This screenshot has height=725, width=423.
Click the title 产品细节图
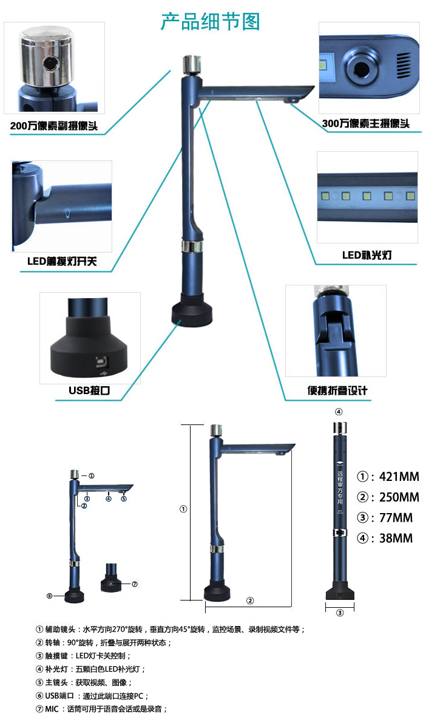[x=211, y=21]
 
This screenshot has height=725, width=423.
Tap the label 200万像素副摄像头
[x=54, y=126]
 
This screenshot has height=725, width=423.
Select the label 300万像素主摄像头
[x=366, y=123]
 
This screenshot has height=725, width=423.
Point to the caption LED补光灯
[x=367, y=255]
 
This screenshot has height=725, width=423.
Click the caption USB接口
[x=89, y=390]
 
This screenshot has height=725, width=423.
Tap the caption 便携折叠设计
[x=337, y=390]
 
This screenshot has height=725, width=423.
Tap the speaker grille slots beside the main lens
[x=403, y=65]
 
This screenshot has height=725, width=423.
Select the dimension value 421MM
[x=399, y=477]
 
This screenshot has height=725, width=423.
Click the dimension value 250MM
[x=399, y=497]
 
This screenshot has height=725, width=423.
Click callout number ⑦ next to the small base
[x=135, y=584]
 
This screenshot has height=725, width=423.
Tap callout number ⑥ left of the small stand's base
[x=50, y=596]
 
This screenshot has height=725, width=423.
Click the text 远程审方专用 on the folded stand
[x=340, y=487]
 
